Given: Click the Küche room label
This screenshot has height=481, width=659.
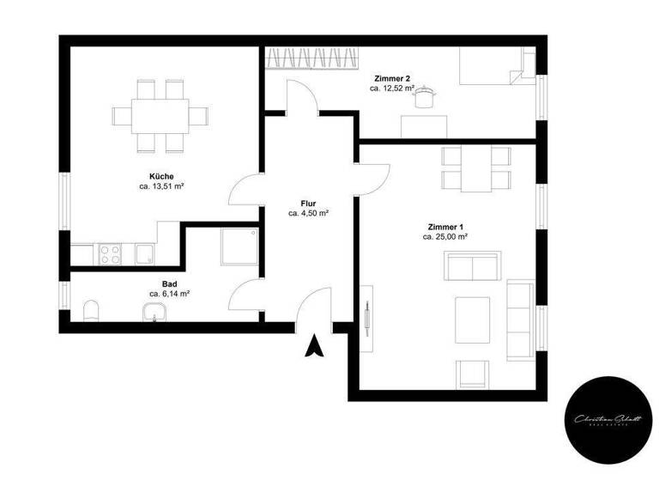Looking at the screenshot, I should click(x=161, y=176).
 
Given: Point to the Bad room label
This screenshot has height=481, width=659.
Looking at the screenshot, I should click(x=169, y=283).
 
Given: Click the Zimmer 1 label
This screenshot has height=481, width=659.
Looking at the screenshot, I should click(x=444, y=226).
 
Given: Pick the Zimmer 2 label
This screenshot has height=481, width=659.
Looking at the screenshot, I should click(x=392, y=78).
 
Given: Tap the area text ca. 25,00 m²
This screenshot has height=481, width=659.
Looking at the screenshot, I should click(x=445, y=236).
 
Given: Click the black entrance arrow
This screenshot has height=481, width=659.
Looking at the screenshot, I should click(x=316, y=345).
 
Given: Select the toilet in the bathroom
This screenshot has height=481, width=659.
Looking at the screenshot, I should click(x=93, y=310).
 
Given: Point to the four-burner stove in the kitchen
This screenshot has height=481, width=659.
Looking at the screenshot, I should click(x=111, y=254).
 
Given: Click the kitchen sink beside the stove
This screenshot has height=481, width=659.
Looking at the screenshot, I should click(x=143, y=254).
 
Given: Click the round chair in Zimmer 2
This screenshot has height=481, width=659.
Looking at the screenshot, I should click(x=421, y=100).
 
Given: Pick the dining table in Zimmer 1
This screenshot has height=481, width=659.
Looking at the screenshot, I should click(x=475, y=169).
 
